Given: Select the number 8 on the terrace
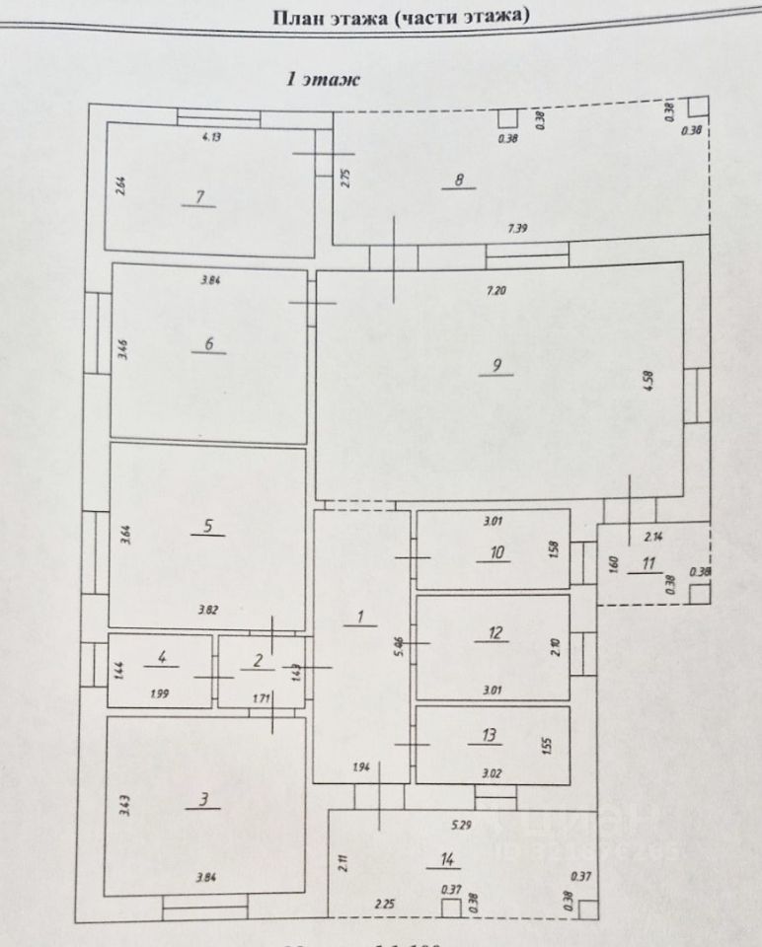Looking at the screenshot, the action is coord(459,180).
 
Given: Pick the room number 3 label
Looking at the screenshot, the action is coord(203,800).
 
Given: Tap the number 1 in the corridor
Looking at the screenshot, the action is coord(360,618).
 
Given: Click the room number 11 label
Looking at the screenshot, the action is coord(648,564).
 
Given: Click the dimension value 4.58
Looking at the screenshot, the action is coord(648,381).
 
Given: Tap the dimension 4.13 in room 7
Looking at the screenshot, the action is coord(211,138).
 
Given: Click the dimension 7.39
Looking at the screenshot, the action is coord(518,228).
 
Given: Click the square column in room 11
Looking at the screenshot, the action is coord(699,593).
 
